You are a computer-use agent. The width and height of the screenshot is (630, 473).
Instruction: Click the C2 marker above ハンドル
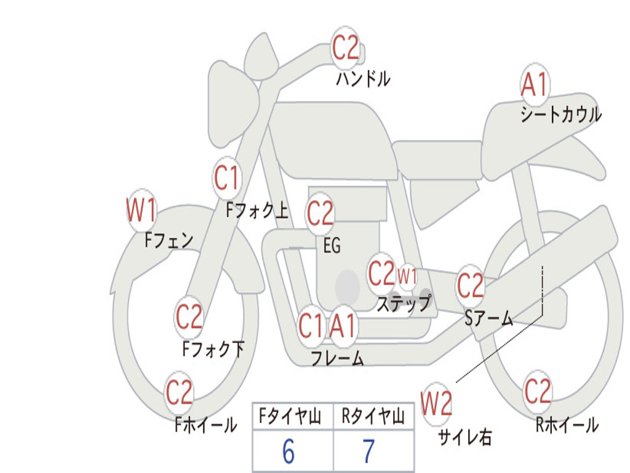point(345,47)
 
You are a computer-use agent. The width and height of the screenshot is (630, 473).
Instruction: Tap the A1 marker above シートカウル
point(535,84)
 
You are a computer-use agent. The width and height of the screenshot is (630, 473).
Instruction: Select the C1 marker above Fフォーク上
point(226,177)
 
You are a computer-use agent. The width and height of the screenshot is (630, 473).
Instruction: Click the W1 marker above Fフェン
point(141,210)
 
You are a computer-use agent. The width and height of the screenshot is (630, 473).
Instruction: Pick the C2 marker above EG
point(320,213)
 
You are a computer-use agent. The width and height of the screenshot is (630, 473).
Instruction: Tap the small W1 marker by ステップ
point(407,277)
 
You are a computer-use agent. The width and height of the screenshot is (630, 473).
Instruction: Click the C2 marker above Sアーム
point(470,285)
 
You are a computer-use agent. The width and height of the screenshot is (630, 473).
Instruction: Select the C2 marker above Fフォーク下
point(189,317)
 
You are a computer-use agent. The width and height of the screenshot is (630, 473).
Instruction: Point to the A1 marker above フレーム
point(343,326)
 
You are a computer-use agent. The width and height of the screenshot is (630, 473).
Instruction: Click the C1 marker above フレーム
point(311,326)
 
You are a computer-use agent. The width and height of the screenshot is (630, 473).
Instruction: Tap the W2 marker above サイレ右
point(436,403)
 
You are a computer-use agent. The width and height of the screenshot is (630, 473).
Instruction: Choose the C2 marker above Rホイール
point(538,391)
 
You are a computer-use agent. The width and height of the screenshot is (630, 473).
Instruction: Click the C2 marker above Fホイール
point(179,392)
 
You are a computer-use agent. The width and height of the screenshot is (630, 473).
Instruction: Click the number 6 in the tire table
point(289,451)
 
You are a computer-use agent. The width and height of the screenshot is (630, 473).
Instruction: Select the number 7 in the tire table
point(369,451)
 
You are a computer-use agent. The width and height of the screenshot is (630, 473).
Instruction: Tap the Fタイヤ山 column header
point(290,416)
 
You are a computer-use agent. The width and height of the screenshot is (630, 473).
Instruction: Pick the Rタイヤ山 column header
point(373,416)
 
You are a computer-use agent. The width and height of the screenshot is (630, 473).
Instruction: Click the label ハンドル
point(363,78)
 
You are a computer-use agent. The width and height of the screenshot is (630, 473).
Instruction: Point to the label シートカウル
point(561,114)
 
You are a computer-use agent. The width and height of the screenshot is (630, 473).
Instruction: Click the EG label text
point(332,245)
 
